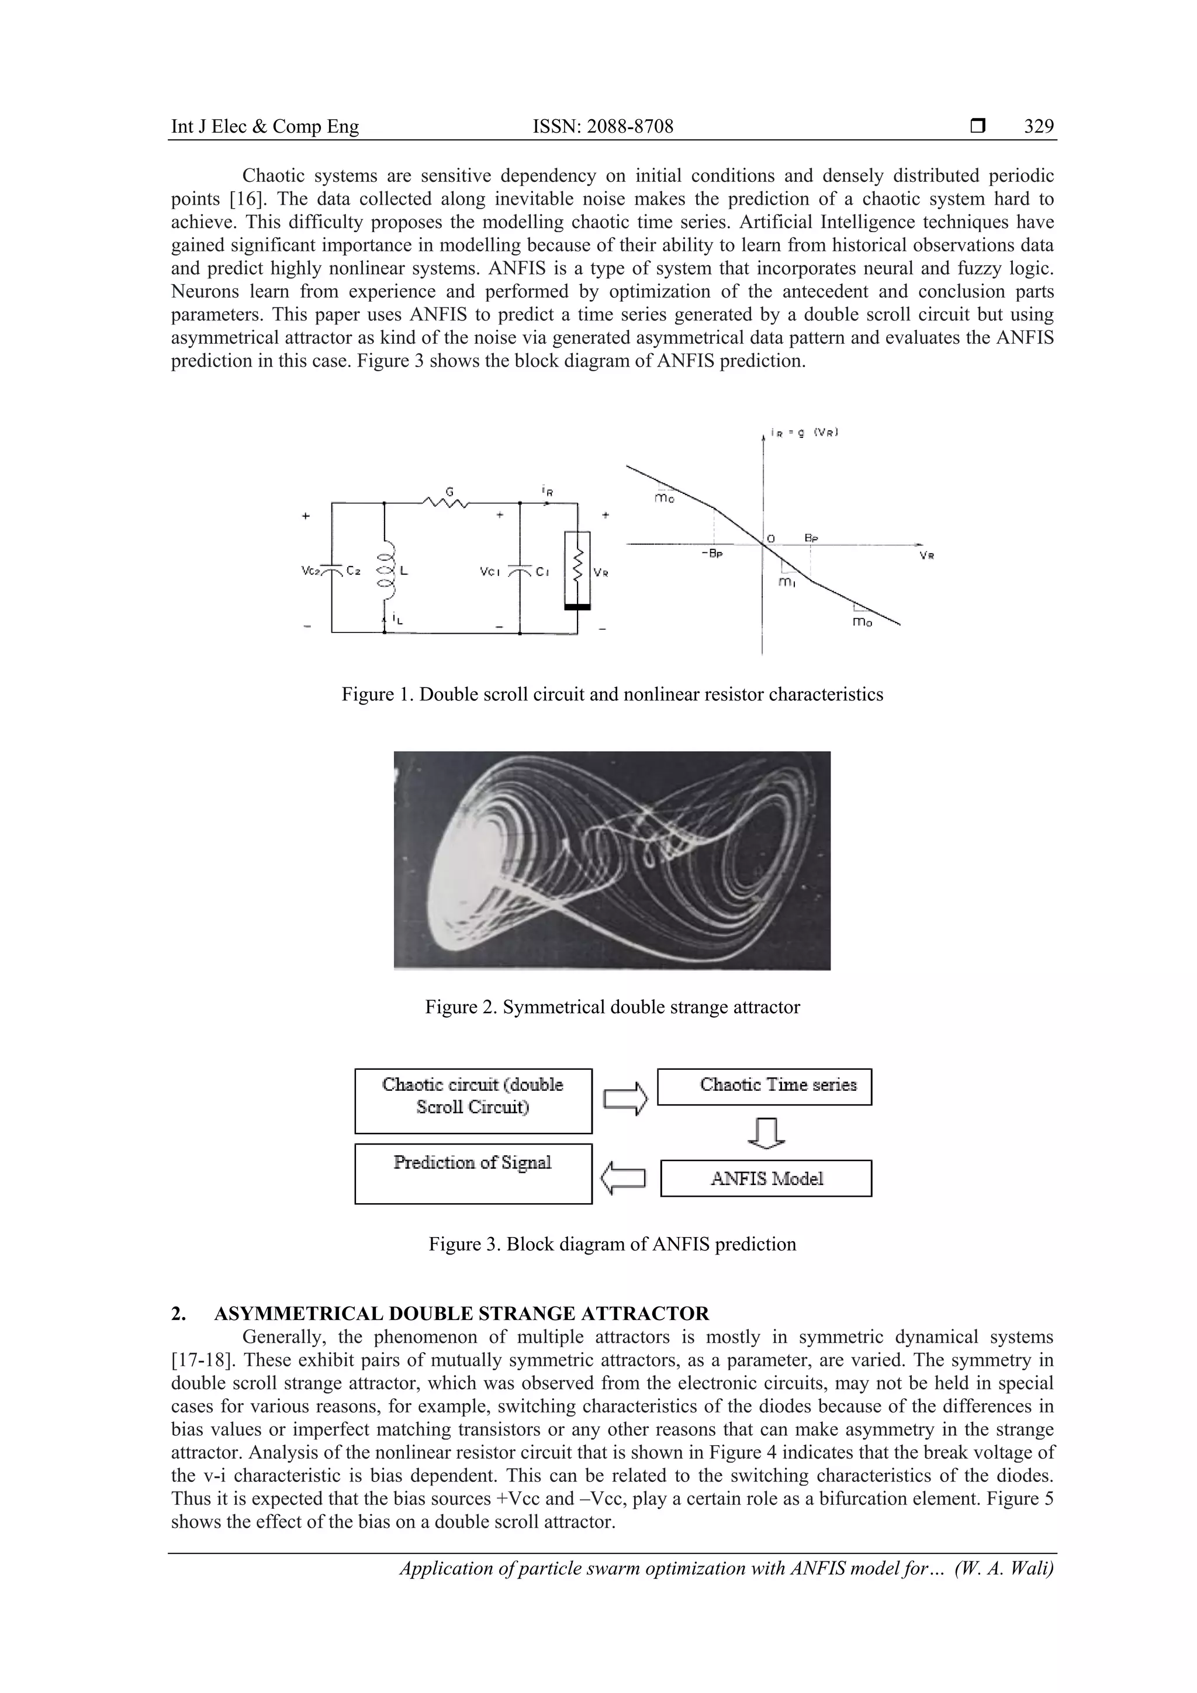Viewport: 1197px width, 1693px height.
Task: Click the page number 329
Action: (1039, 127)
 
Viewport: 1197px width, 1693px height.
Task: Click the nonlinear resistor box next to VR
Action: (578, 568)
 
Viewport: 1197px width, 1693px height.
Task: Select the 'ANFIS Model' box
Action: (766, 1179)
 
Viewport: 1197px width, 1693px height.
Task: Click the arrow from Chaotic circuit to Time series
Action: (625, 1098)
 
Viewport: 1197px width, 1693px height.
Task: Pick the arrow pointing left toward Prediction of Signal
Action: (624, 1177)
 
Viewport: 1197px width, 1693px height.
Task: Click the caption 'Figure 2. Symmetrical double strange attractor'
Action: (612, 1007)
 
